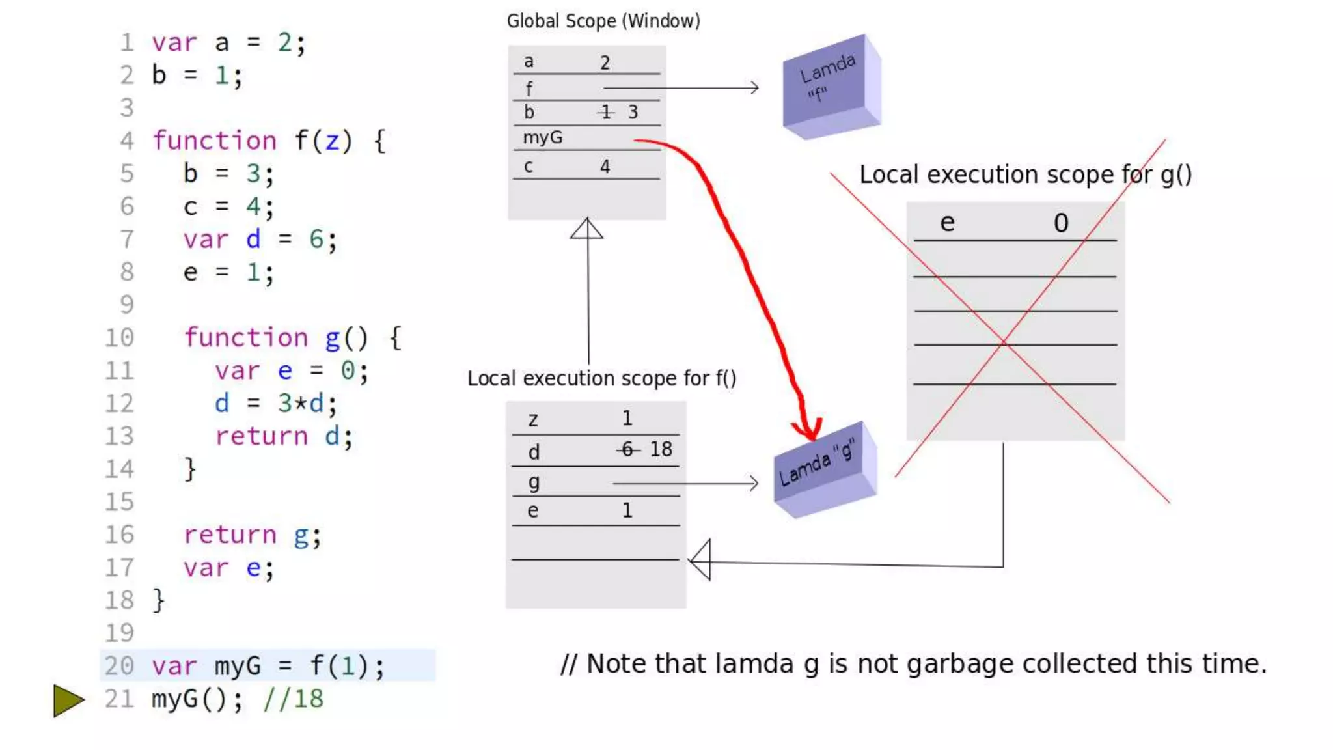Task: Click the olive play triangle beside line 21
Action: pos(68,701)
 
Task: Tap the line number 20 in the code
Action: pos(119,666)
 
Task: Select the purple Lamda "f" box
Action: pos(831,87)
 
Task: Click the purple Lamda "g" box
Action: pos(824,470)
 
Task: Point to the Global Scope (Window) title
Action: pos(603,21)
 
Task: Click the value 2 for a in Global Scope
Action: pos(605,63)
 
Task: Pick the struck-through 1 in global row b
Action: pos(606,113)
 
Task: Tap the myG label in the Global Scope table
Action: pos(542,138)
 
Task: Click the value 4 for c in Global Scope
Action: pos(605,167)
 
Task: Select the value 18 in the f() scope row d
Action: pos(661,449)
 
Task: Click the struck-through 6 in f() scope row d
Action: pos(627,449)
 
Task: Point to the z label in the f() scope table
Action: pos(533,420)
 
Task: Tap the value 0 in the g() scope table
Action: pos(1060,224)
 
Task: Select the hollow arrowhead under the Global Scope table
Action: pos(586,229)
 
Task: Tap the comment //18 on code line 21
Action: pos(293,699)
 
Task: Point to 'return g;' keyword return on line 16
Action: pos(230,535)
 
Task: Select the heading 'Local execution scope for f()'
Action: pos(601,379)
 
